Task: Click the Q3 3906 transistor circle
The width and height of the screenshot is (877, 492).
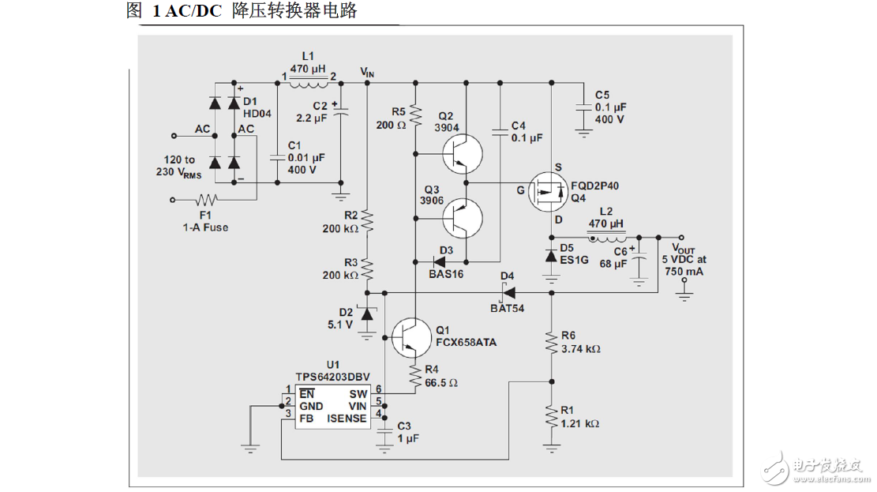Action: (x=463, y=217)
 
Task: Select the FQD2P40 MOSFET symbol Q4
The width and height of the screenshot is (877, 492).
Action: (x=548, y=191)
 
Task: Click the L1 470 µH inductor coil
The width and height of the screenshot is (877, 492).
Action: (x=308, y=79)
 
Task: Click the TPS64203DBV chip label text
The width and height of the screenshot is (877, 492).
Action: (x=332, y=377)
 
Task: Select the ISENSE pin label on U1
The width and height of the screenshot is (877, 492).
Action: (x=347, y=418)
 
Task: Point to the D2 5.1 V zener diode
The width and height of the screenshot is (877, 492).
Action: (x=366, y=314)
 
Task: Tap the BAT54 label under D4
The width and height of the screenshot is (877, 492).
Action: (x=507, y=308)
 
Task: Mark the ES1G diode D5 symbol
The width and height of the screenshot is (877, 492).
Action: (x=551, y=255)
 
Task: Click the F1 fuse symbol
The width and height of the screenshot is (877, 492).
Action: (x=207, y=200)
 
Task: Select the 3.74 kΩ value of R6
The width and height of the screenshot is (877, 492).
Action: (x=580, y=348)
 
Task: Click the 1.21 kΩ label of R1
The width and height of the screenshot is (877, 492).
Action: (x=580, y=424)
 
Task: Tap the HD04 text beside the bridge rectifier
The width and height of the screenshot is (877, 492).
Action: (x=257, y=114)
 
